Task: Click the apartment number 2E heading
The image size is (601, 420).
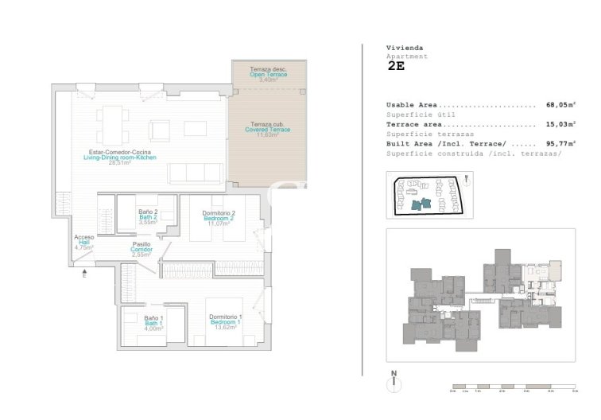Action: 396,67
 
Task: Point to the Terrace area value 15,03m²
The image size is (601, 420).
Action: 561,124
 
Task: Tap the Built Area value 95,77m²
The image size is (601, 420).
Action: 561,144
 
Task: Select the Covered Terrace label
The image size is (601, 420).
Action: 267,130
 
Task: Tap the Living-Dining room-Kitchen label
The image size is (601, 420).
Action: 120,157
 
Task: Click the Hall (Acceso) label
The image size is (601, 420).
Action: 83,243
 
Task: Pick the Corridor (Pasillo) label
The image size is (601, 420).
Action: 142,250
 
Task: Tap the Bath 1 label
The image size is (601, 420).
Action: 153,323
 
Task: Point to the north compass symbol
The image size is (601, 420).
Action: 393,383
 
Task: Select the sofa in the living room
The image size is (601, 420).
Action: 193,172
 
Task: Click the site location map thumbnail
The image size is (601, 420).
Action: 429,196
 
